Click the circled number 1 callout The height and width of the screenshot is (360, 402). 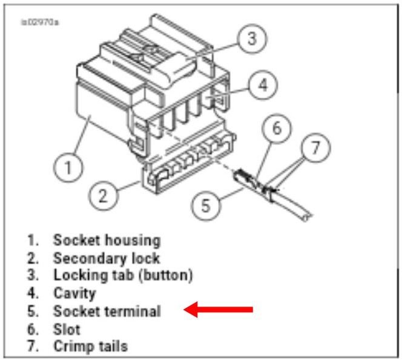tap(68, 167)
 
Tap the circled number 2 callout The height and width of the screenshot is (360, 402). tap(103, 196)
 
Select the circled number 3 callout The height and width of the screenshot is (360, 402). tap(252, 39)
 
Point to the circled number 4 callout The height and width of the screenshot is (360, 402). tap(263, 85)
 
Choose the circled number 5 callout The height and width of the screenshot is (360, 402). tap(206, 205)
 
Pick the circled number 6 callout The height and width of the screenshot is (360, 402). tap(277, 128)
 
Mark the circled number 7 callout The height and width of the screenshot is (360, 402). tap(315, 147)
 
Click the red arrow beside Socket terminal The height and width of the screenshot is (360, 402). tap(219, 310)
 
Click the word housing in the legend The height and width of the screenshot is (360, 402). tap(133, 241)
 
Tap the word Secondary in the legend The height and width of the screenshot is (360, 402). tap(89, 258)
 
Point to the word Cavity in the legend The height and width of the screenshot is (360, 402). tap(74, 293)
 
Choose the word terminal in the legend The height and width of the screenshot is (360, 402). tap(133, 311)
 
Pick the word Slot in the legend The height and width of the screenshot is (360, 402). tap(67, 329)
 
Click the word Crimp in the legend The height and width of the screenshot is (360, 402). tap(73, 347)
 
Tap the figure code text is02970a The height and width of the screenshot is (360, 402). tap(40, 22)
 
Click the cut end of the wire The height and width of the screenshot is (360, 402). tap(307, 218)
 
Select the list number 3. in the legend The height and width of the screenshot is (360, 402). tap(33, 275)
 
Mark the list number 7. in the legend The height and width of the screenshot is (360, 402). tap(33, 345)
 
